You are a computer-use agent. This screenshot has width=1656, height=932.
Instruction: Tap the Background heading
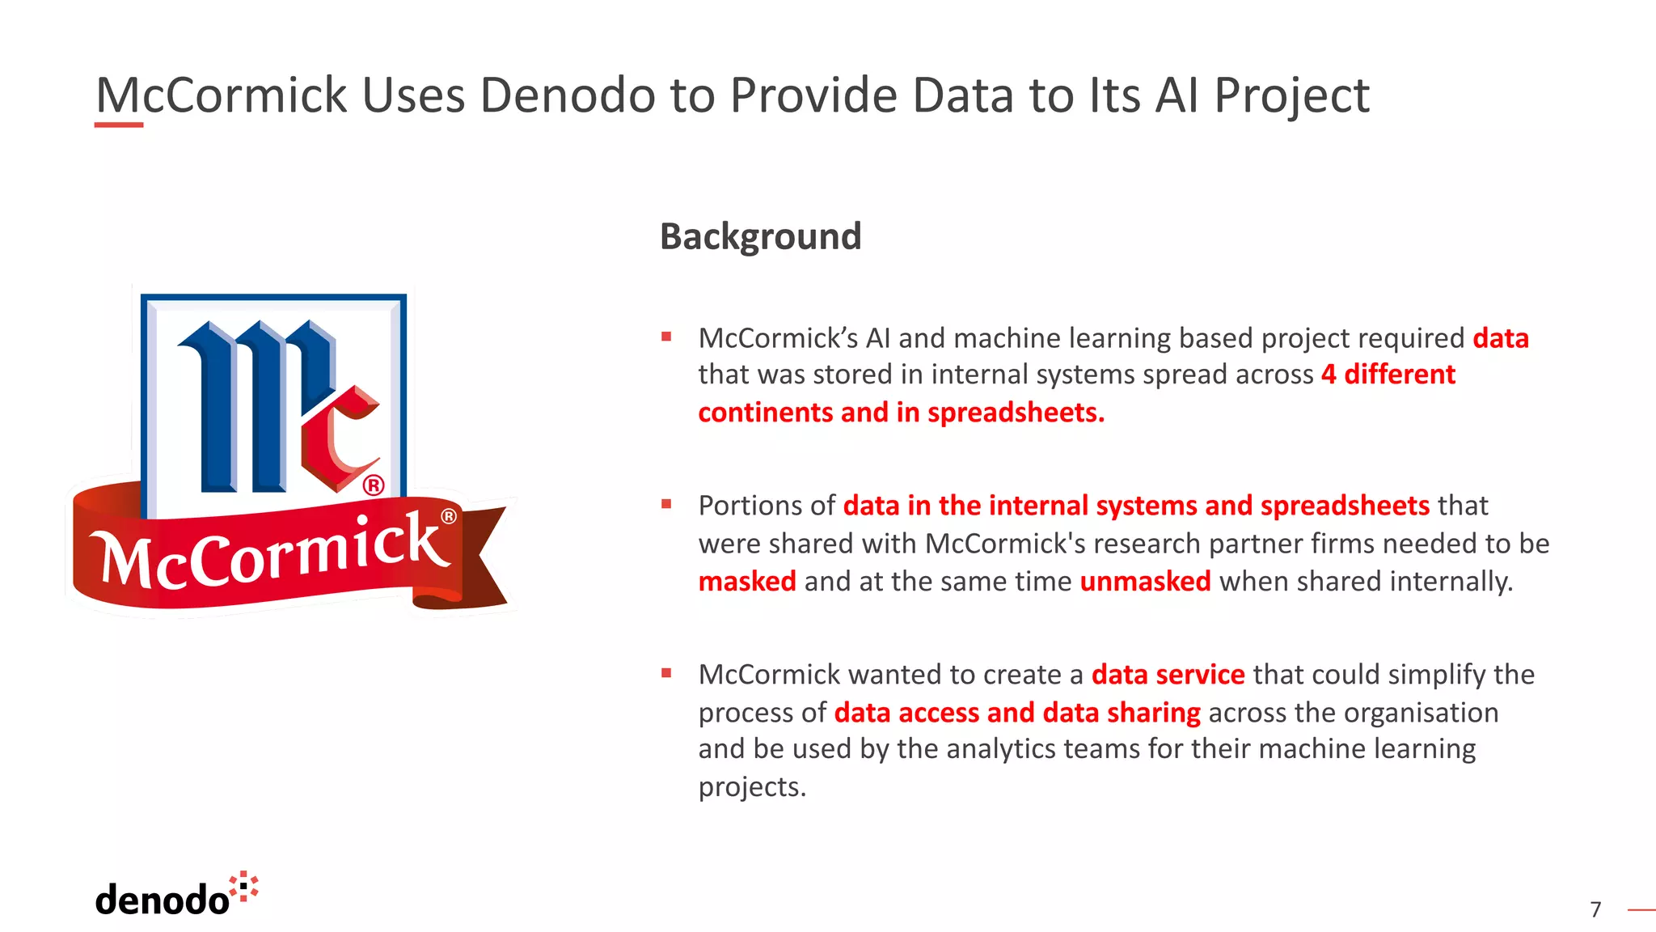(760, 236)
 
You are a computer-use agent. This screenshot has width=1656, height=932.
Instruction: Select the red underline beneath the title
(119, 125)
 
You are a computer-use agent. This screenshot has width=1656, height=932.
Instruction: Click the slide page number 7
(1595, 909)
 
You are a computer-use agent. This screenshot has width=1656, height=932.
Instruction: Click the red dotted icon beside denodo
(244, 886)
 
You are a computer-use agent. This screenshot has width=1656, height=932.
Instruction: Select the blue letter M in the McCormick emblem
(243, 405)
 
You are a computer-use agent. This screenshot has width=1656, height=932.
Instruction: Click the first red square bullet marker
(666, 337)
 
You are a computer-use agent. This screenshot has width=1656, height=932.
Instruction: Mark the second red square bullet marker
(666, 504)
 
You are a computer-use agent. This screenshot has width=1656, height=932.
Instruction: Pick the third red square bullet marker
(666, 673)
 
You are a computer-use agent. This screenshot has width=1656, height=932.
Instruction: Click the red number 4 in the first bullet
(1329, 375)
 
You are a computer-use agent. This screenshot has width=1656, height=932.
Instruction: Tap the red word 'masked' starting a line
(747, 582)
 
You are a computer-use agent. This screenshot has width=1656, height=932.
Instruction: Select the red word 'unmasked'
(1145, 582)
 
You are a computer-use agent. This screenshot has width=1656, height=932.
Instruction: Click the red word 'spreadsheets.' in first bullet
(1016, 413)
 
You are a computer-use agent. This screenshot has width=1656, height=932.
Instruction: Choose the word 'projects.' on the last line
(752, 787)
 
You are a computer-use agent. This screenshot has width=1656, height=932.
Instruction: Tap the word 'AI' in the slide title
(1177, 95)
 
